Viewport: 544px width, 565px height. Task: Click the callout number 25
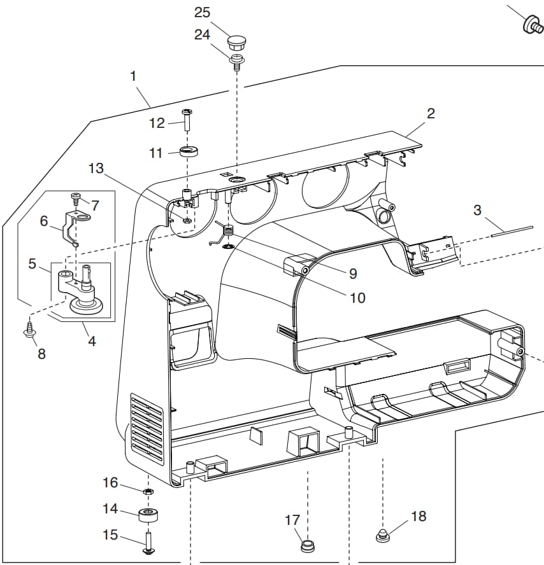pos(202,13)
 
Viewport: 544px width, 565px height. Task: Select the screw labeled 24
pos(236,62)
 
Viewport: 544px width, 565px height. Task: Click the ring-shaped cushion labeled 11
pos(189,151)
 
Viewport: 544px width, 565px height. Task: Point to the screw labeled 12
pos(187,120)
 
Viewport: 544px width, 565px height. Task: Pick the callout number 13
pos(96,168)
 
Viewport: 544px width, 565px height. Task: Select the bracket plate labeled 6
pos(76,228)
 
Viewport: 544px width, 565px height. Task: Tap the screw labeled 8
pos(29,329)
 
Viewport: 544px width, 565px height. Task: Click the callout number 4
pos(92,341)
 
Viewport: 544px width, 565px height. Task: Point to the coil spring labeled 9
pos(224,234)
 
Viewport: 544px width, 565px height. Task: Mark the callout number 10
pos(357,298)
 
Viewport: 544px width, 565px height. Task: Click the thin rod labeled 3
pos(512,231)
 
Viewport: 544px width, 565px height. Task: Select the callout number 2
pos(431,113)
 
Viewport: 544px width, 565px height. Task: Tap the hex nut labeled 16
pos(148,491)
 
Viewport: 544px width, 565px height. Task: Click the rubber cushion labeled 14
pos(148,515)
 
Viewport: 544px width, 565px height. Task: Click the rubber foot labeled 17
pos(307,545)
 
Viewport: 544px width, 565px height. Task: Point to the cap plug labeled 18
pos(383,536)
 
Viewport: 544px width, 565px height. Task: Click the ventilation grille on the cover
pos(147,428)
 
